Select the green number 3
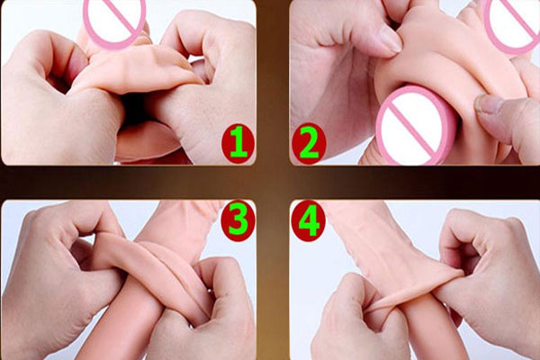point(235,219)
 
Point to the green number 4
point(309,219)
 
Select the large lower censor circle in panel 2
point(409,123)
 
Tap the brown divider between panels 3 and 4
point(271,279)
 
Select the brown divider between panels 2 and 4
point(414,182)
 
